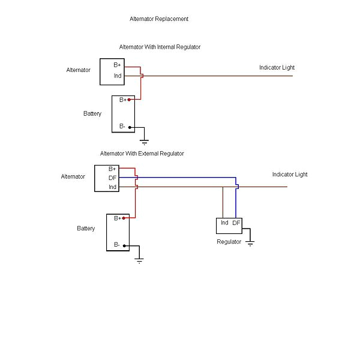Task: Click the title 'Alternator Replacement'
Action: pos(159,19)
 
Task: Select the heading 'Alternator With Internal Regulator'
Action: pos(160,47)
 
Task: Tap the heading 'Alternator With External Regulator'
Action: pos(142,154)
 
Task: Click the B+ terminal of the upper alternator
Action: pos(118,65)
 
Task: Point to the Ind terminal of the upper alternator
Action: pos(118,76)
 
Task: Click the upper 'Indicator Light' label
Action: pos(277,68)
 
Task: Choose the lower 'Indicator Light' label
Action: pos(290,175)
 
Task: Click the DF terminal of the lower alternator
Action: pos(112,178)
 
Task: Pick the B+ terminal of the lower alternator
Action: pos(112,169)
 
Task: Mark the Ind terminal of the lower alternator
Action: pos(112,187)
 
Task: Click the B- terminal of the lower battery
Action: pos(118,245)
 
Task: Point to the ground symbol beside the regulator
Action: pos(250,242)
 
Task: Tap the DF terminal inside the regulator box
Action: pos(236,223)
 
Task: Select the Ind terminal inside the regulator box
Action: pos(224,223)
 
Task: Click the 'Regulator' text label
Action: pos(229,242)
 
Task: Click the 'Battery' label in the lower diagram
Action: pos(86,229)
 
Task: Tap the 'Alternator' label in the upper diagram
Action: pos(78,70)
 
